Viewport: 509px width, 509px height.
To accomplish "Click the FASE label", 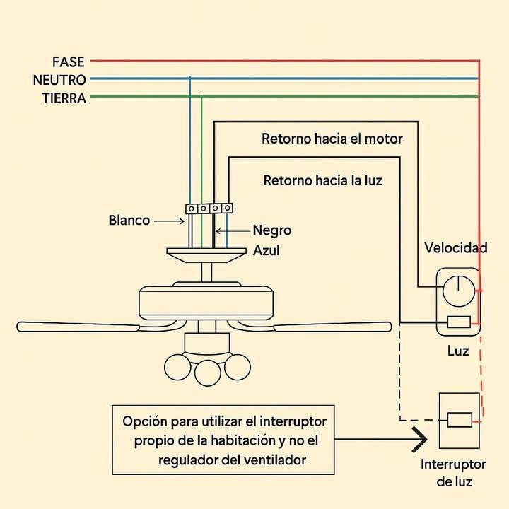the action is [x=68, y=62].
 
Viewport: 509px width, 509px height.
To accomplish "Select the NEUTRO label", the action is [x=59, y=80].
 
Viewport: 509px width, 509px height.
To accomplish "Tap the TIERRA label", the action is [x=64, y=98].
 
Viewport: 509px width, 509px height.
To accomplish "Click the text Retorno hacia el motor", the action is [x=332, y=139].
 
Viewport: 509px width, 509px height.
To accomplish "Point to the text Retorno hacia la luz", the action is [x=322, y=180].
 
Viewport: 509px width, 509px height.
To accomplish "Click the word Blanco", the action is [x=129, y=221].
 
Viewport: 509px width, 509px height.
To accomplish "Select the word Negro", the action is [x=272, y=230].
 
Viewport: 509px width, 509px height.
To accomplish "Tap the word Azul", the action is [x=267, y=250].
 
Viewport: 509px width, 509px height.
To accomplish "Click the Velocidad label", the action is [x=456, y=248].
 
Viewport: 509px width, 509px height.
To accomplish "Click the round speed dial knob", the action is [x=459, y=291].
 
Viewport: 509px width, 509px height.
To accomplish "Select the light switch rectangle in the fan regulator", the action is [x=459, y=322].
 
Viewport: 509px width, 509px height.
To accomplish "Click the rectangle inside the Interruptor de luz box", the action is [x=460, y=420].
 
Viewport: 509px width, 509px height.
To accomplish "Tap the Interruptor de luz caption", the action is [x=453, y=473].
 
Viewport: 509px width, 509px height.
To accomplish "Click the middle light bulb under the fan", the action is [x=208, y=373].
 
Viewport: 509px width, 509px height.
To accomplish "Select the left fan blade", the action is [x=78, y=327].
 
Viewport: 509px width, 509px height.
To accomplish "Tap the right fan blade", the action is [x=333, y=327].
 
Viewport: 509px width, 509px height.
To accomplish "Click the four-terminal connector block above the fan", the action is [x=209, y=209].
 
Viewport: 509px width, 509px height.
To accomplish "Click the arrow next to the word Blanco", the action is [x=169, y=221].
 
